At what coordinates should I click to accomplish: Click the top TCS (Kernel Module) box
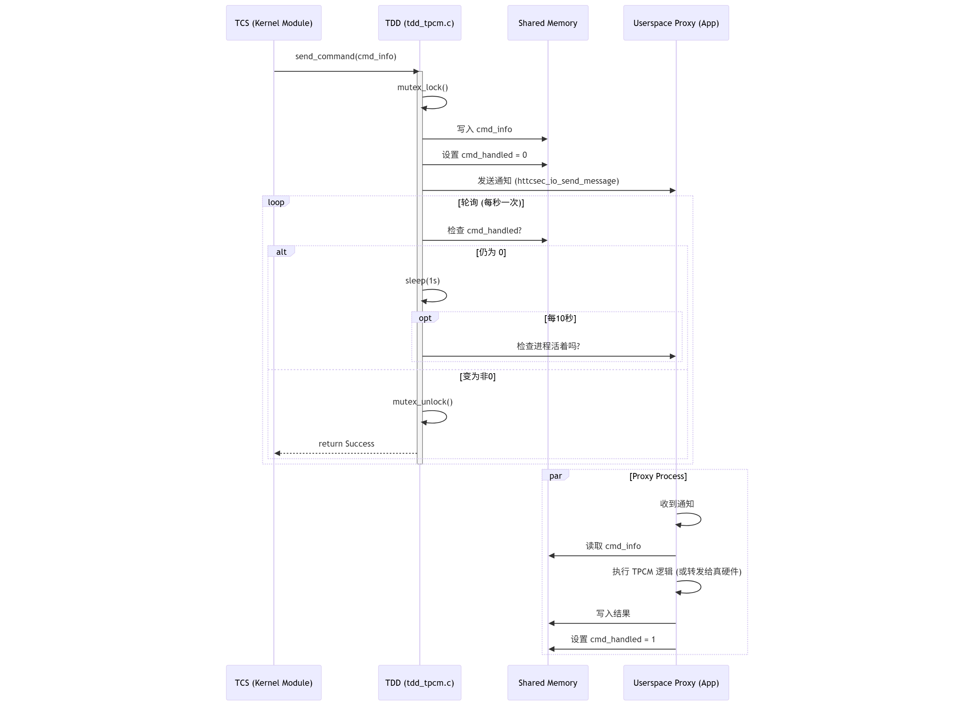[274, 23]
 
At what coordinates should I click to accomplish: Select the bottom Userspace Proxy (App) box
[676, 682]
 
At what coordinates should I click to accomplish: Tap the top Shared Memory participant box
[548, 23]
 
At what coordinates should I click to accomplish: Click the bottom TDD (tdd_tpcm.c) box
[419, 682]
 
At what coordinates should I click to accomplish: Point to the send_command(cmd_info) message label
[345, 56]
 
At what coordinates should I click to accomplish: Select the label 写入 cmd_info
[484, 129]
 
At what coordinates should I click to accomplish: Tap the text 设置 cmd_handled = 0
[484, 155]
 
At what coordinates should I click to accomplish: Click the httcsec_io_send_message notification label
[548, 181]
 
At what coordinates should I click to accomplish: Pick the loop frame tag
[276, 202]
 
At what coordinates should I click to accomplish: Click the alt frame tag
[281, 252]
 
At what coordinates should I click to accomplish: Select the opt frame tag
[425, 318]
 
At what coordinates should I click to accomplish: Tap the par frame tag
[555, 475]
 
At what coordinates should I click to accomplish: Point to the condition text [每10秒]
[560, 318]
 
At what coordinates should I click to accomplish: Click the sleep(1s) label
[422, 280]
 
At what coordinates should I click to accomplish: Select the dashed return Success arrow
[345, 453]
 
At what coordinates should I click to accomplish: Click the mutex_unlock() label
[422, 402]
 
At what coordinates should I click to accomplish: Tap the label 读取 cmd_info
[613, 546]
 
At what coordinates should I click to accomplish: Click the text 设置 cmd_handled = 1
[613, 639]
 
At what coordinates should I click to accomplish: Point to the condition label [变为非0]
[477, 376]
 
